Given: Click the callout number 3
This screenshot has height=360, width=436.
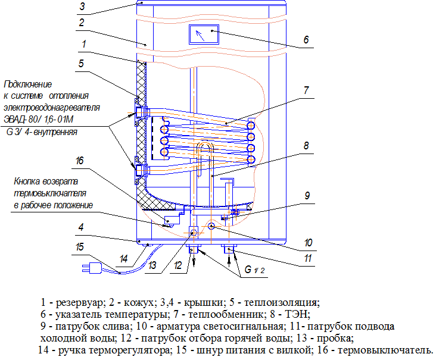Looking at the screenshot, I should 83,7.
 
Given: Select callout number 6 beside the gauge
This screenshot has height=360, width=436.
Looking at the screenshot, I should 305,40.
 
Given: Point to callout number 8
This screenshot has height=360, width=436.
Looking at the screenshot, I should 305,145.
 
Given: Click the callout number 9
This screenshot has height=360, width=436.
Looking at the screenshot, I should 307,195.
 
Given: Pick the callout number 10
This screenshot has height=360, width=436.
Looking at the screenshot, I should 307,243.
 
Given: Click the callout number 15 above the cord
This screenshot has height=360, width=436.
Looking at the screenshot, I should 79,246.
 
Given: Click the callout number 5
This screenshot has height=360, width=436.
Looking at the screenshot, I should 82,62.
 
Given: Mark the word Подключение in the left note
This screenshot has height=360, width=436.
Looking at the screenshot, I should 27,84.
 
